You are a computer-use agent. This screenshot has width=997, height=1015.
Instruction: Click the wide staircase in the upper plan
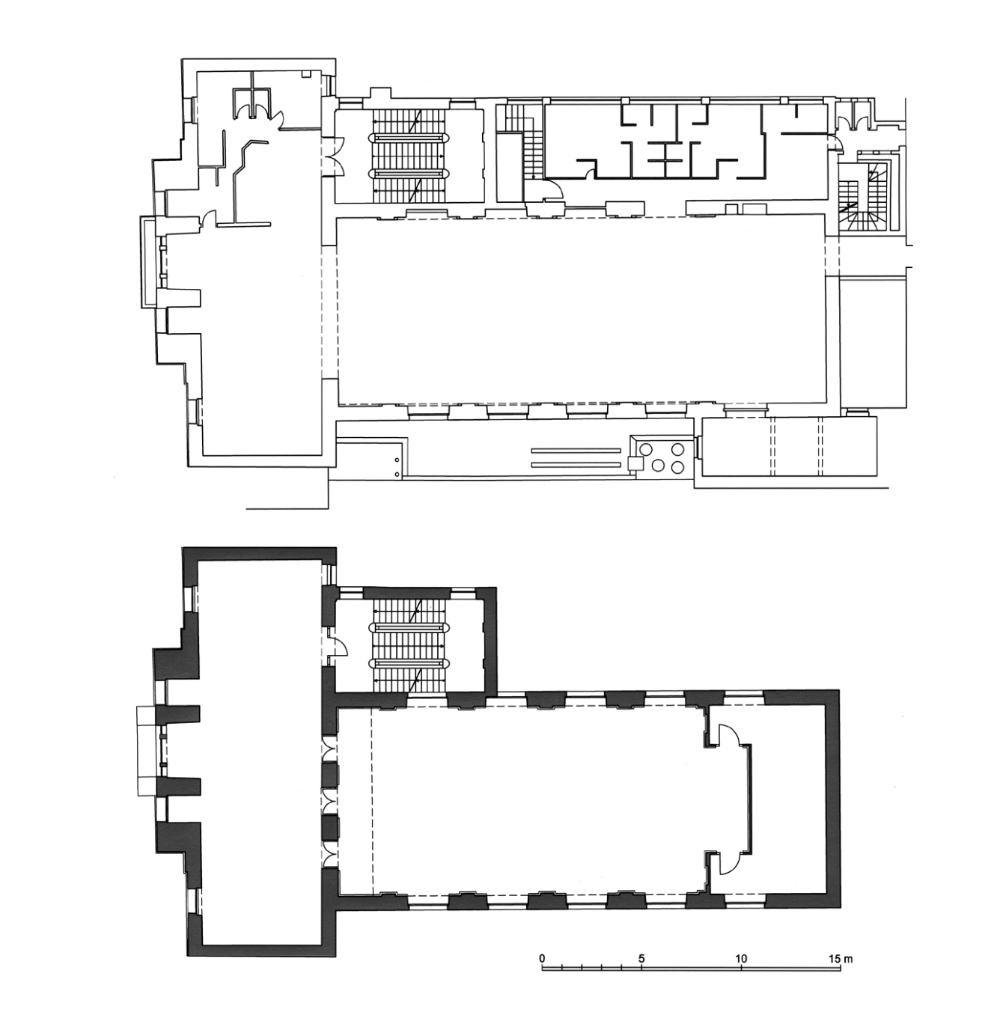(x=409, y=156)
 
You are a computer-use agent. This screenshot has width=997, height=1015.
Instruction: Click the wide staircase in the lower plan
(x=409, y=646)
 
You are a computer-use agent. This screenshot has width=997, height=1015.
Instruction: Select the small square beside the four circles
(x=635, y=463)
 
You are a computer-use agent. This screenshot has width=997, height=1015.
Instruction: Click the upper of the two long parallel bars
(x=576, y=451)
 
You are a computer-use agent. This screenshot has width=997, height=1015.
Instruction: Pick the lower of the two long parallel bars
(x=576, y=464)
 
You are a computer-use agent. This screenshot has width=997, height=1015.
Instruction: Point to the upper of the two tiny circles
(x=398, y=460)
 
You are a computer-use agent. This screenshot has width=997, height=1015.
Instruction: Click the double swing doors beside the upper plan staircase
(x=334, y=156)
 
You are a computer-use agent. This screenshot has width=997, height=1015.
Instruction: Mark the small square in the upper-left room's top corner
(x=305, y=75)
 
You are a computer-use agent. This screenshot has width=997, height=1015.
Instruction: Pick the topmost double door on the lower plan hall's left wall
(x=330, y=749)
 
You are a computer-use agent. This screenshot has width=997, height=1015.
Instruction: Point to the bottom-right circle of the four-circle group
(x=678, y=466)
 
